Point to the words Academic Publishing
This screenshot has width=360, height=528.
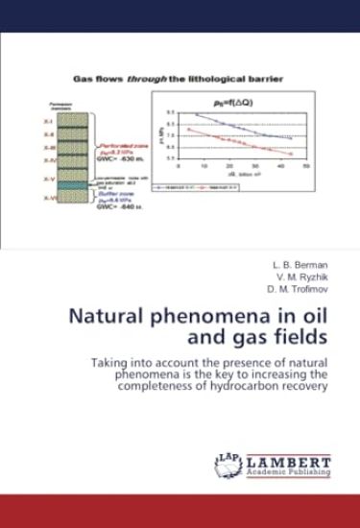point(288,472)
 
